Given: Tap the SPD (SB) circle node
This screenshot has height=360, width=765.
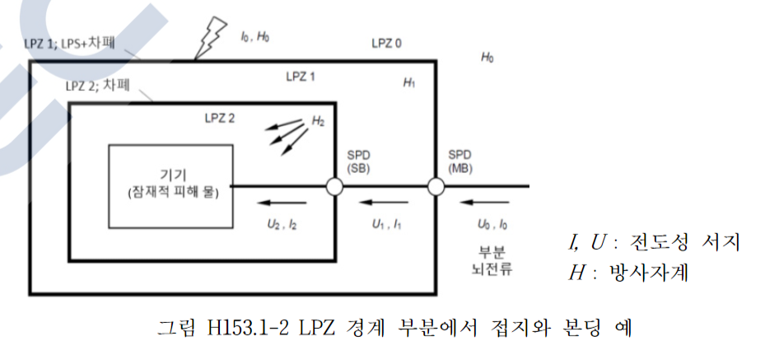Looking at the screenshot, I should tap(334, 187).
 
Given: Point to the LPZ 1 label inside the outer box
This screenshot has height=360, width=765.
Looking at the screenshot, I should tap(300, 76).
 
